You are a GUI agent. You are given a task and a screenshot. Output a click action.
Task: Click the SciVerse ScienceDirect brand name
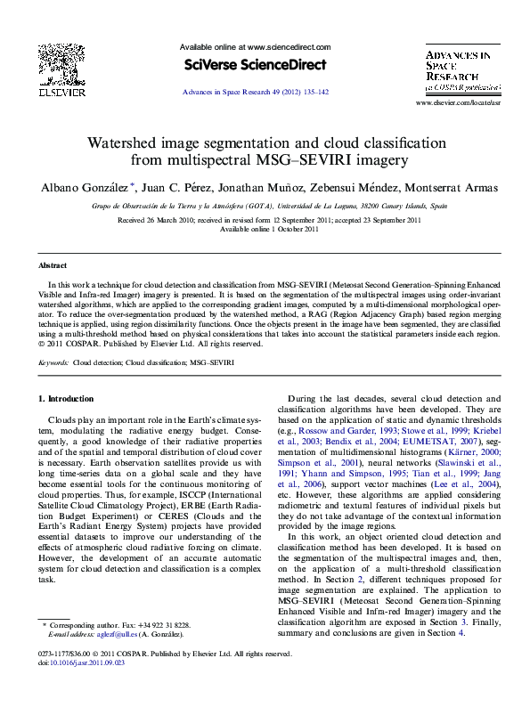pos(255,64)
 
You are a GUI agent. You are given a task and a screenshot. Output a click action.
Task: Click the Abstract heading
pos(53,265)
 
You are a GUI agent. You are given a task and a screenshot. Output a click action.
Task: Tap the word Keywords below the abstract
pos(53,363)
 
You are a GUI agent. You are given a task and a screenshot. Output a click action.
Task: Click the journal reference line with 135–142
pos(255,92)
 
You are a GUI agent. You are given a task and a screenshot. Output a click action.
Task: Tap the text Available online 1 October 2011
pos(269,229)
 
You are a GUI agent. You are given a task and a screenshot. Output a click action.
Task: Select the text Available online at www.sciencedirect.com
pos(255,47)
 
